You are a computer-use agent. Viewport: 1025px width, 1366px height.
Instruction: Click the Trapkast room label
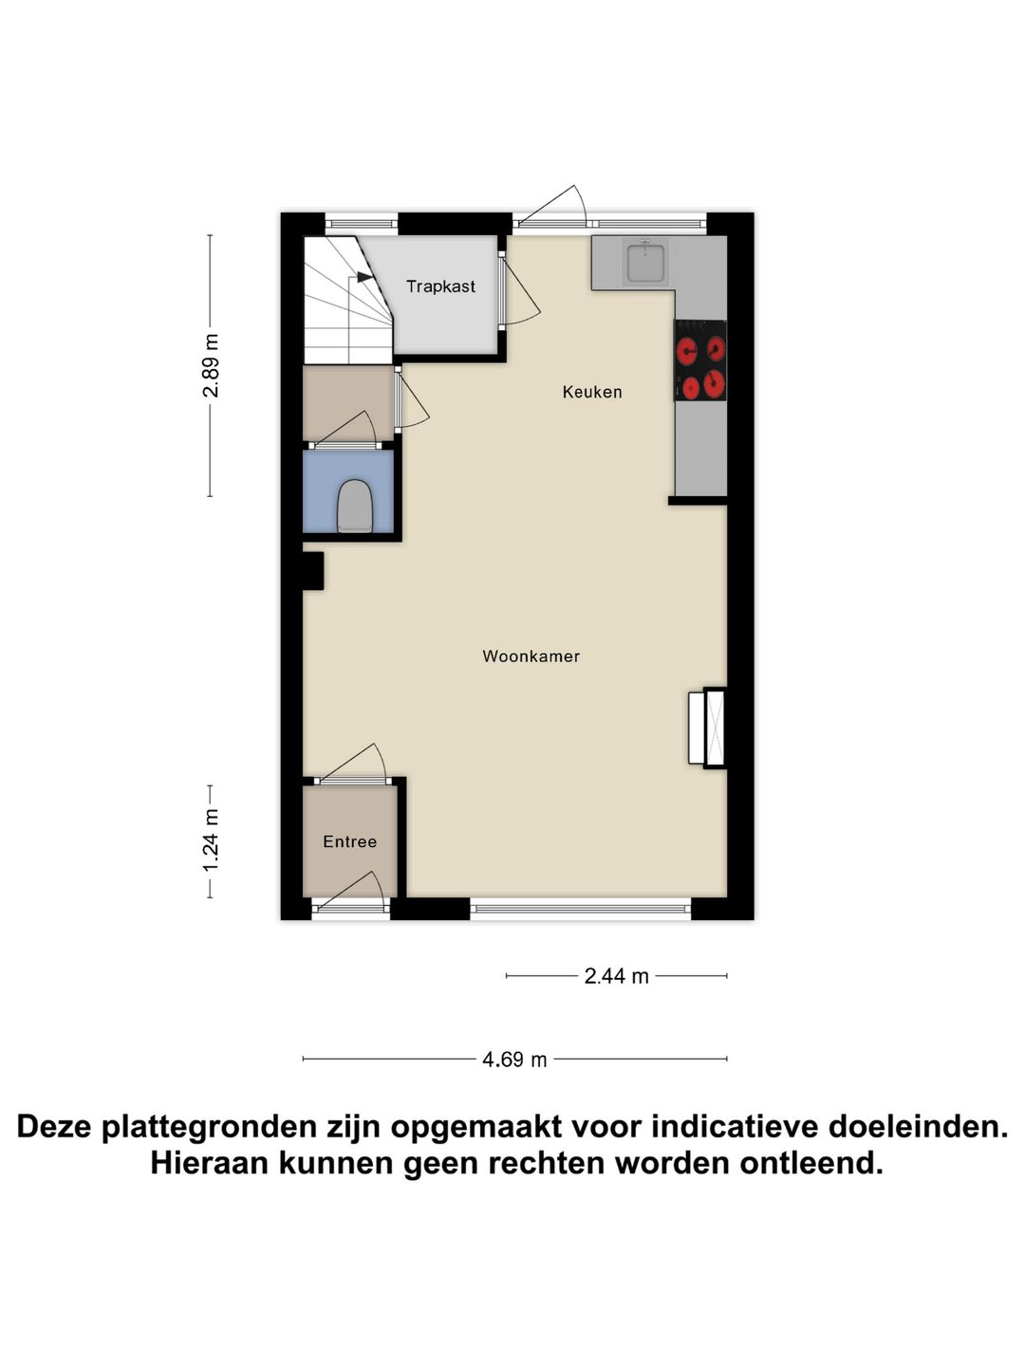(x=440, y=286)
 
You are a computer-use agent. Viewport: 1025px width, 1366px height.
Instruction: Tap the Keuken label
(x=592, y=392)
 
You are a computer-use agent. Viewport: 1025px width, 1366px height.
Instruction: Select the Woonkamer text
(x=531, y=656)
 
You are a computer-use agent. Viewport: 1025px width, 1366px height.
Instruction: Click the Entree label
(x=349, y=841)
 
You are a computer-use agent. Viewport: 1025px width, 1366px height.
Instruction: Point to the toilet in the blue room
(x=354, y=507)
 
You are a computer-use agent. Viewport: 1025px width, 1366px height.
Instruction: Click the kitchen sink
(x=645, y=261)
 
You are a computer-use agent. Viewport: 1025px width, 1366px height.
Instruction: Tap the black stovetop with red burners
(x=700, y=360)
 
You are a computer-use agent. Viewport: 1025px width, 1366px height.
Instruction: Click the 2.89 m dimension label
(x=211, y=365)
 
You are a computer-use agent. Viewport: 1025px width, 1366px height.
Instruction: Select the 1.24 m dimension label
(x=211, y=840)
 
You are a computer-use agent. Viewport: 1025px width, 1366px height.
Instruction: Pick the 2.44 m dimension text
(x=616, y=976)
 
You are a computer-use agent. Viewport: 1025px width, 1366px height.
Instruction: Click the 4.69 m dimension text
(x=514, y=1060)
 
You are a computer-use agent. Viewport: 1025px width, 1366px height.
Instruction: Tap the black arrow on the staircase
(x=363, y=277)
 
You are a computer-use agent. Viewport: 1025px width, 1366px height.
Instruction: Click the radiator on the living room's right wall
(x=706, y=728)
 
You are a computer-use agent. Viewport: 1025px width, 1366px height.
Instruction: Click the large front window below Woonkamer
(x=580, y=909)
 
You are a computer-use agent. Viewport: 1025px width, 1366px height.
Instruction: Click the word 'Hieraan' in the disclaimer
(x=208, y=1163)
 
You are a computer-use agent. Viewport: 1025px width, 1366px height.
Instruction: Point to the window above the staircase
(x=361, y=224)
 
